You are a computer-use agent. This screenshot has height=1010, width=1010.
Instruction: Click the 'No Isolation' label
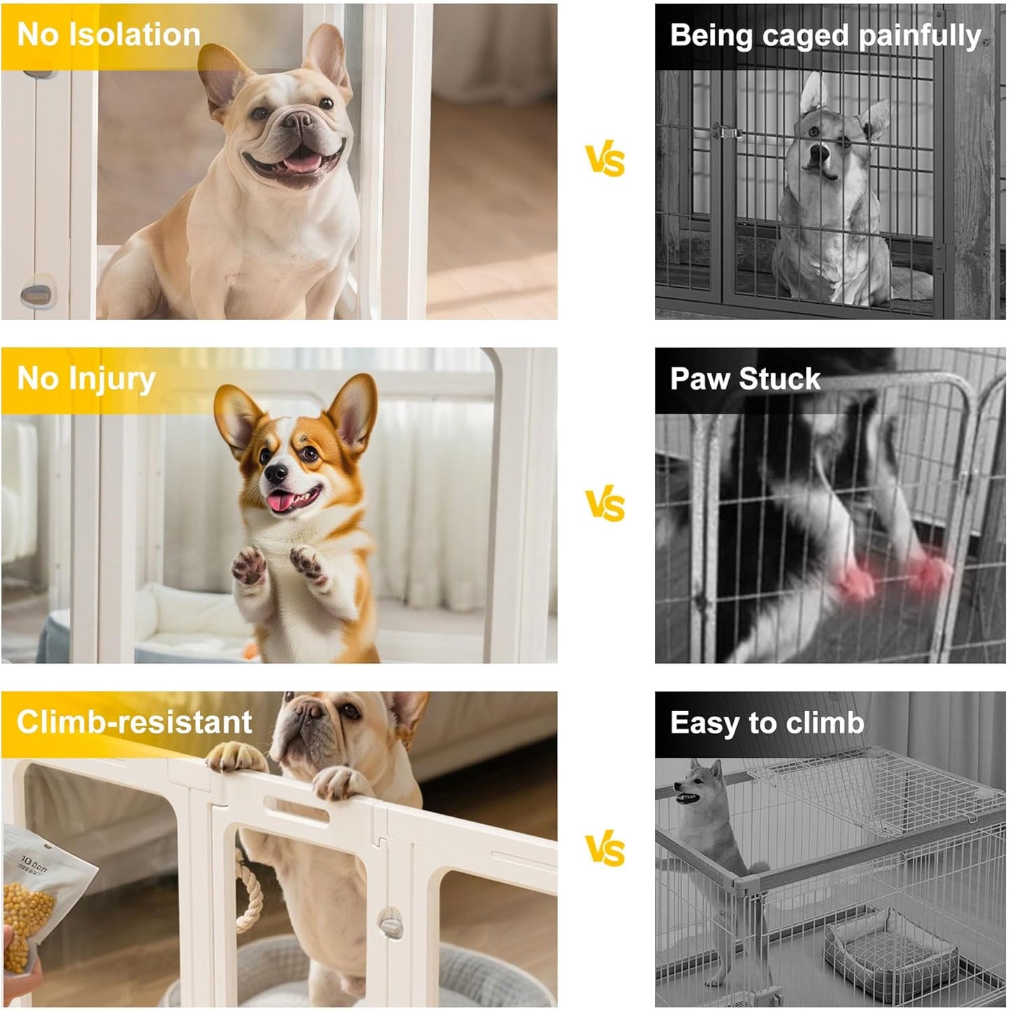(x=108, y=35)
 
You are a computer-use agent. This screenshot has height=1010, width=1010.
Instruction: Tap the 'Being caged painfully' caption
(x=825, y=36)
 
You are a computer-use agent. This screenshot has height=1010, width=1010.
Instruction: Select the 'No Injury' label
(x=86, y=379)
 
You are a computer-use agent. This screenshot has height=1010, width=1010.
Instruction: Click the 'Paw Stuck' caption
(x=744, y=379)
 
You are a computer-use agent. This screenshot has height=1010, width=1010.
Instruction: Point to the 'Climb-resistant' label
(x=134, y=722)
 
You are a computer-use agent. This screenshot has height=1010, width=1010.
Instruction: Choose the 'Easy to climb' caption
(x=767, y=723)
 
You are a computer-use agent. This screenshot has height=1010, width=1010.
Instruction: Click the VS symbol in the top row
(x=605, y=161)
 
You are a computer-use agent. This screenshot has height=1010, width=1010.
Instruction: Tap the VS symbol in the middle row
(x=605, y=504)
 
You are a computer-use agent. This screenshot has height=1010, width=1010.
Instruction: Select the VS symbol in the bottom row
(x=605, y=849)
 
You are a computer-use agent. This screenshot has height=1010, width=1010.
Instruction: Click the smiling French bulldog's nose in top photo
(x=297, y=121)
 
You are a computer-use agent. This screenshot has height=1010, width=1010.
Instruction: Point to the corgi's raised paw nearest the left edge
(x=250, y=564)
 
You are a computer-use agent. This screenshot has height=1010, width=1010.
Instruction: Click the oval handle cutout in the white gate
(x=297, y=812)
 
